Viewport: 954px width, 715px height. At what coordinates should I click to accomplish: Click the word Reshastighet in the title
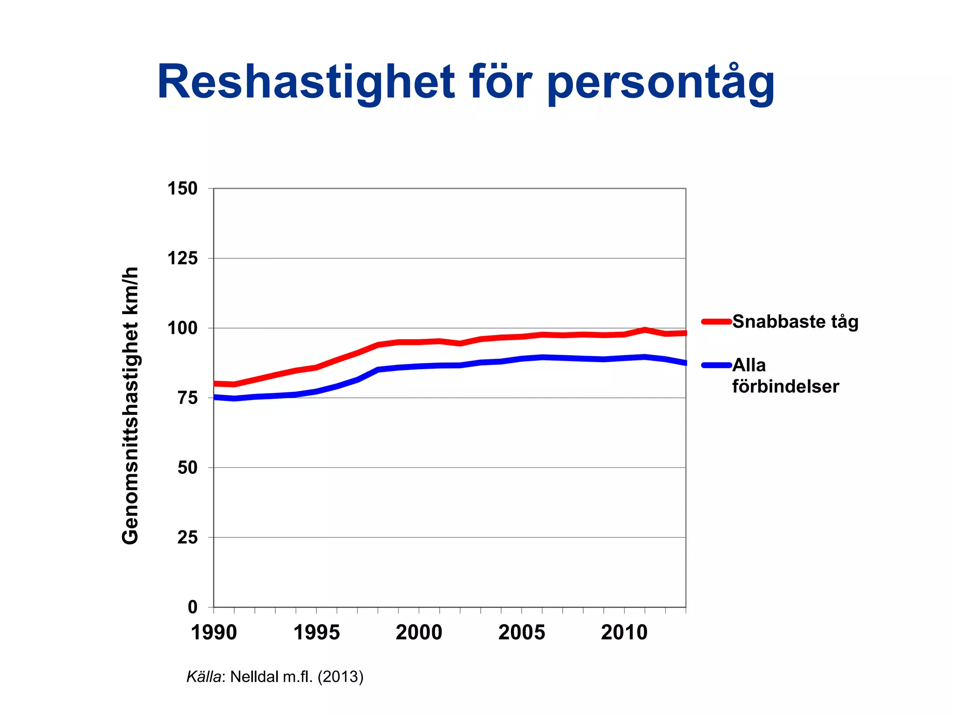306,83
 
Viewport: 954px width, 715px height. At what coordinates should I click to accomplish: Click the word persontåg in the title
661,83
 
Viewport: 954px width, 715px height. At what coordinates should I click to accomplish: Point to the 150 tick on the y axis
183,189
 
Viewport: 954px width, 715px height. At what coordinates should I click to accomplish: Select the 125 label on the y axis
183,258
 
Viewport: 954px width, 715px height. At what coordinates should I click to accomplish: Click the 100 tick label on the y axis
183,328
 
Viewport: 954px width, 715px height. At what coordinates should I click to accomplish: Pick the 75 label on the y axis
188,398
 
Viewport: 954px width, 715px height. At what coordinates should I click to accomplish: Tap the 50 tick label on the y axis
188,467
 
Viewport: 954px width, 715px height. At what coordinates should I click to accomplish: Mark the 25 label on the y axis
188,537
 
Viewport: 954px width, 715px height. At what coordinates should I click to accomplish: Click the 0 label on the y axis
192,607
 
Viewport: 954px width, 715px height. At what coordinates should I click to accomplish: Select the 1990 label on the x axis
214,633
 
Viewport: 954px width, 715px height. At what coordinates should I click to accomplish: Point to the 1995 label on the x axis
317,633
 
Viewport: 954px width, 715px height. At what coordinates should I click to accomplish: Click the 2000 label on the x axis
419,633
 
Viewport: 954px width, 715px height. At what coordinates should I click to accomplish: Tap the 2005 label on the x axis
522,633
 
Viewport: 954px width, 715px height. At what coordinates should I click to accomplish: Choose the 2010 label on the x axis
624,633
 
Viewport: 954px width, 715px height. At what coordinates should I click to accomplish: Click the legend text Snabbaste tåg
795,322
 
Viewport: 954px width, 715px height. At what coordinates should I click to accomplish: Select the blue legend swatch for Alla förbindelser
716,365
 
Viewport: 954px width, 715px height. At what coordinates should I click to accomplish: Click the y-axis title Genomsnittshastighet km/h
130,405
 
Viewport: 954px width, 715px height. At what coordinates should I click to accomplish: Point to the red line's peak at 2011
645,330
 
